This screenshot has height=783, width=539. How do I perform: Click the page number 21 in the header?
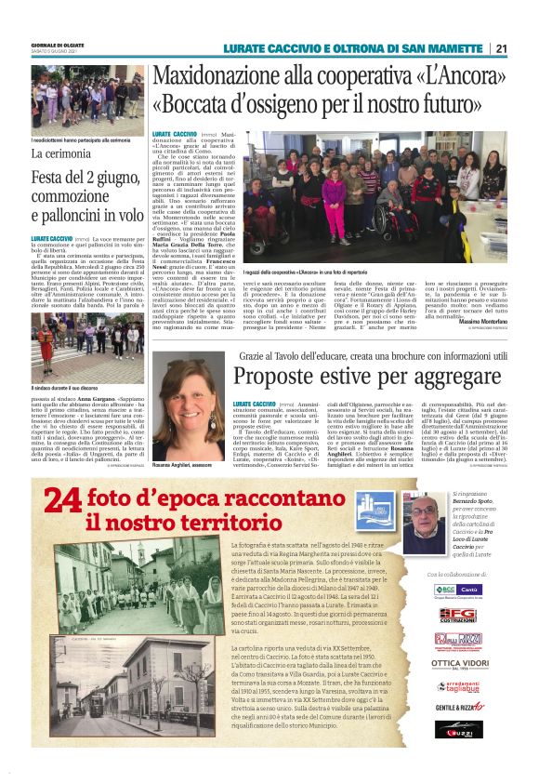(x=501, y=49)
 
